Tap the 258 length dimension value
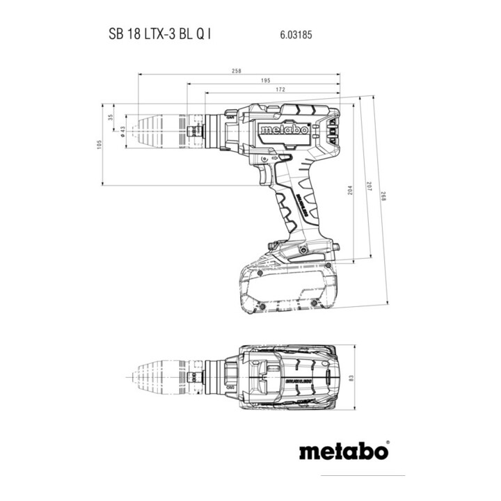pos(238,71)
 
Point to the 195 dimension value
pos(266,81)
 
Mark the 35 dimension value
pos(110,117)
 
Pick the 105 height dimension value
pos(100,144)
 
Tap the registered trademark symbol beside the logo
pos(387,441)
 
